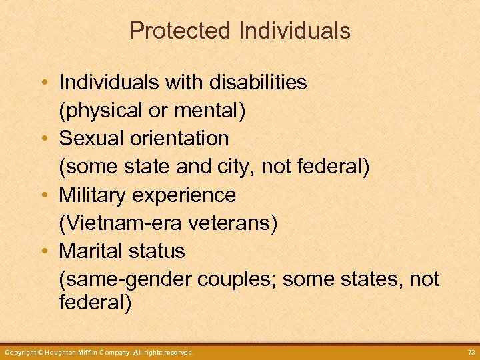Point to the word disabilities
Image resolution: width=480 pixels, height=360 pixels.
[259, 82]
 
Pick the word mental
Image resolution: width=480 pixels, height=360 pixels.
[208, 110]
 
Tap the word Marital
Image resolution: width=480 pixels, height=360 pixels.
[89, 251]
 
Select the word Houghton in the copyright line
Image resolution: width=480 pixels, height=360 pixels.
[65, 352]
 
